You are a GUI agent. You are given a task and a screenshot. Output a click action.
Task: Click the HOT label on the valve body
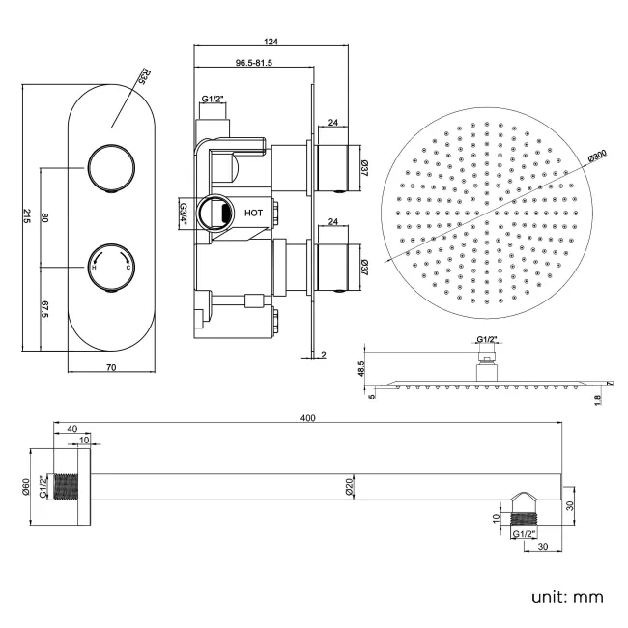click(x=254, y=211)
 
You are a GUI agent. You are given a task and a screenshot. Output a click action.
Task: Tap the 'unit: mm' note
click(x=567, y=596)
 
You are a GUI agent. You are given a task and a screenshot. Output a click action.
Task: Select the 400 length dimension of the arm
click(x=308, y=418)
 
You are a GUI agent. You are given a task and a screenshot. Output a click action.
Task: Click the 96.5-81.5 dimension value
click(x=252, y=63)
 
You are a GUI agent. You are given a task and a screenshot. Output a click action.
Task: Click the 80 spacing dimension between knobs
click(x=44, y=217)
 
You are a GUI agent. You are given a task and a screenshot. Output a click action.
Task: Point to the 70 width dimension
click(x=111, y=367)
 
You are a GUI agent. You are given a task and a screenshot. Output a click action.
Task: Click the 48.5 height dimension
click(x=361, y=370)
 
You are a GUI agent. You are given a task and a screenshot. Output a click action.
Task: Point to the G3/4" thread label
click(x=182, y=211)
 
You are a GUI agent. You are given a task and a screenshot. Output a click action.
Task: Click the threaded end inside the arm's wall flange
click(x=67, y=488)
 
